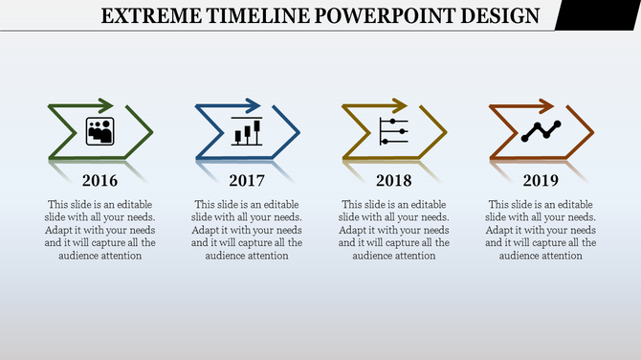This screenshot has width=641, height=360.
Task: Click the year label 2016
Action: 100,180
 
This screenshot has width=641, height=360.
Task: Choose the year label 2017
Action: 248,180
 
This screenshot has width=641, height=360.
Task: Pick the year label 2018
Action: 394,180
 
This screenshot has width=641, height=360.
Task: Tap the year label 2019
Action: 542,180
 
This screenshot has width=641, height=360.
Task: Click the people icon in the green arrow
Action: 100,131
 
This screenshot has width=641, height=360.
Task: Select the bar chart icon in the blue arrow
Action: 247,130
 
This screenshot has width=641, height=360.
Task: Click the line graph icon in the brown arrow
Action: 541,131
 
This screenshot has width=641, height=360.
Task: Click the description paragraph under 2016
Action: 100,230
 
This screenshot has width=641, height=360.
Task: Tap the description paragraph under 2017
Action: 248,230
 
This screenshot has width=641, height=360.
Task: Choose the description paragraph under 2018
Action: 394,230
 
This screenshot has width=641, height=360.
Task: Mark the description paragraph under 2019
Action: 542,230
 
